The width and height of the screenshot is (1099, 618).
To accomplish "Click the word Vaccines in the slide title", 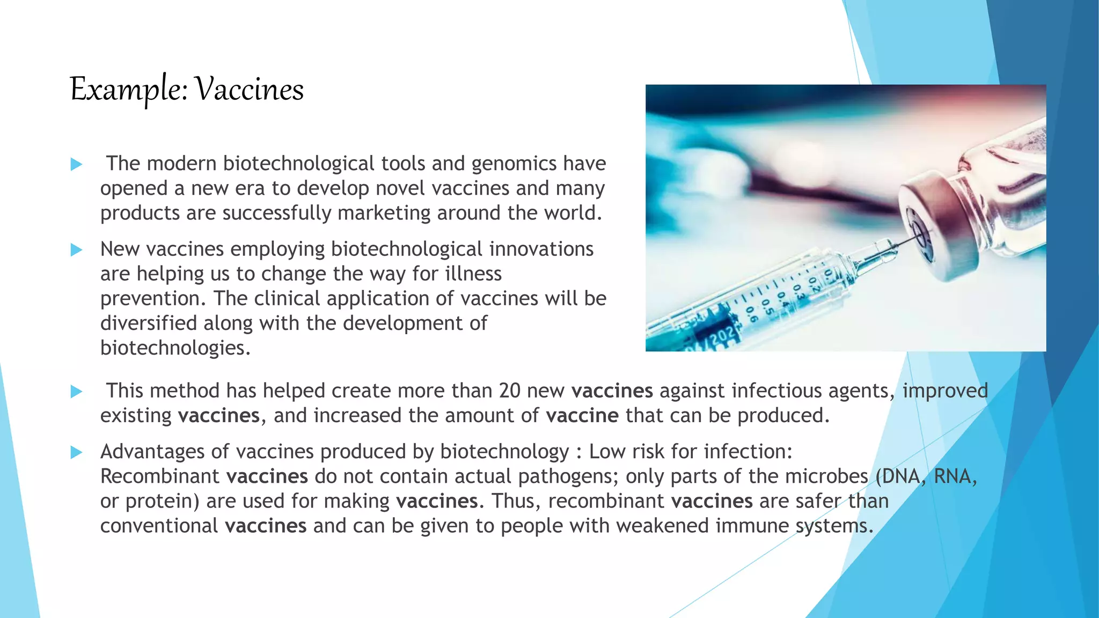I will click(x=249, y=89).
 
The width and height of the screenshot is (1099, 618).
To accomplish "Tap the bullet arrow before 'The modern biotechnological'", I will click(x=76, y=164).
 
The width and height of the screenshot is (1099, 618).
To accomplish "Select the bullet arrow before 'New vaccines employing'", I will click(x=76, y=250).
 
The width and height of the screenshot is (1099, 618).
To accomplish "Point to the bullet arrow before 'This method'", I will click(x=76, y=392).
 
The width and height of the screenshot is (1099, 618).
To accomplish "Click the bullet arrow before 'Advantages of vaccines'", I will click(x=76, y=453).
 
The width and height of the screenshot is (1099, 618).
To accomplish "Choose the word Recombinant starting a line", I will click(x=159, y=476).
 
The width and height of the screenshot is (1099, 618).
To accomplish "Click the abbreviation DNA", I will click(x=901, y=476).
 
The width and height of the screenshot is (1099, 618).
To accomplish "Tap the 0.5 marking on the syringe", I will click(x=766, y=307).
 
